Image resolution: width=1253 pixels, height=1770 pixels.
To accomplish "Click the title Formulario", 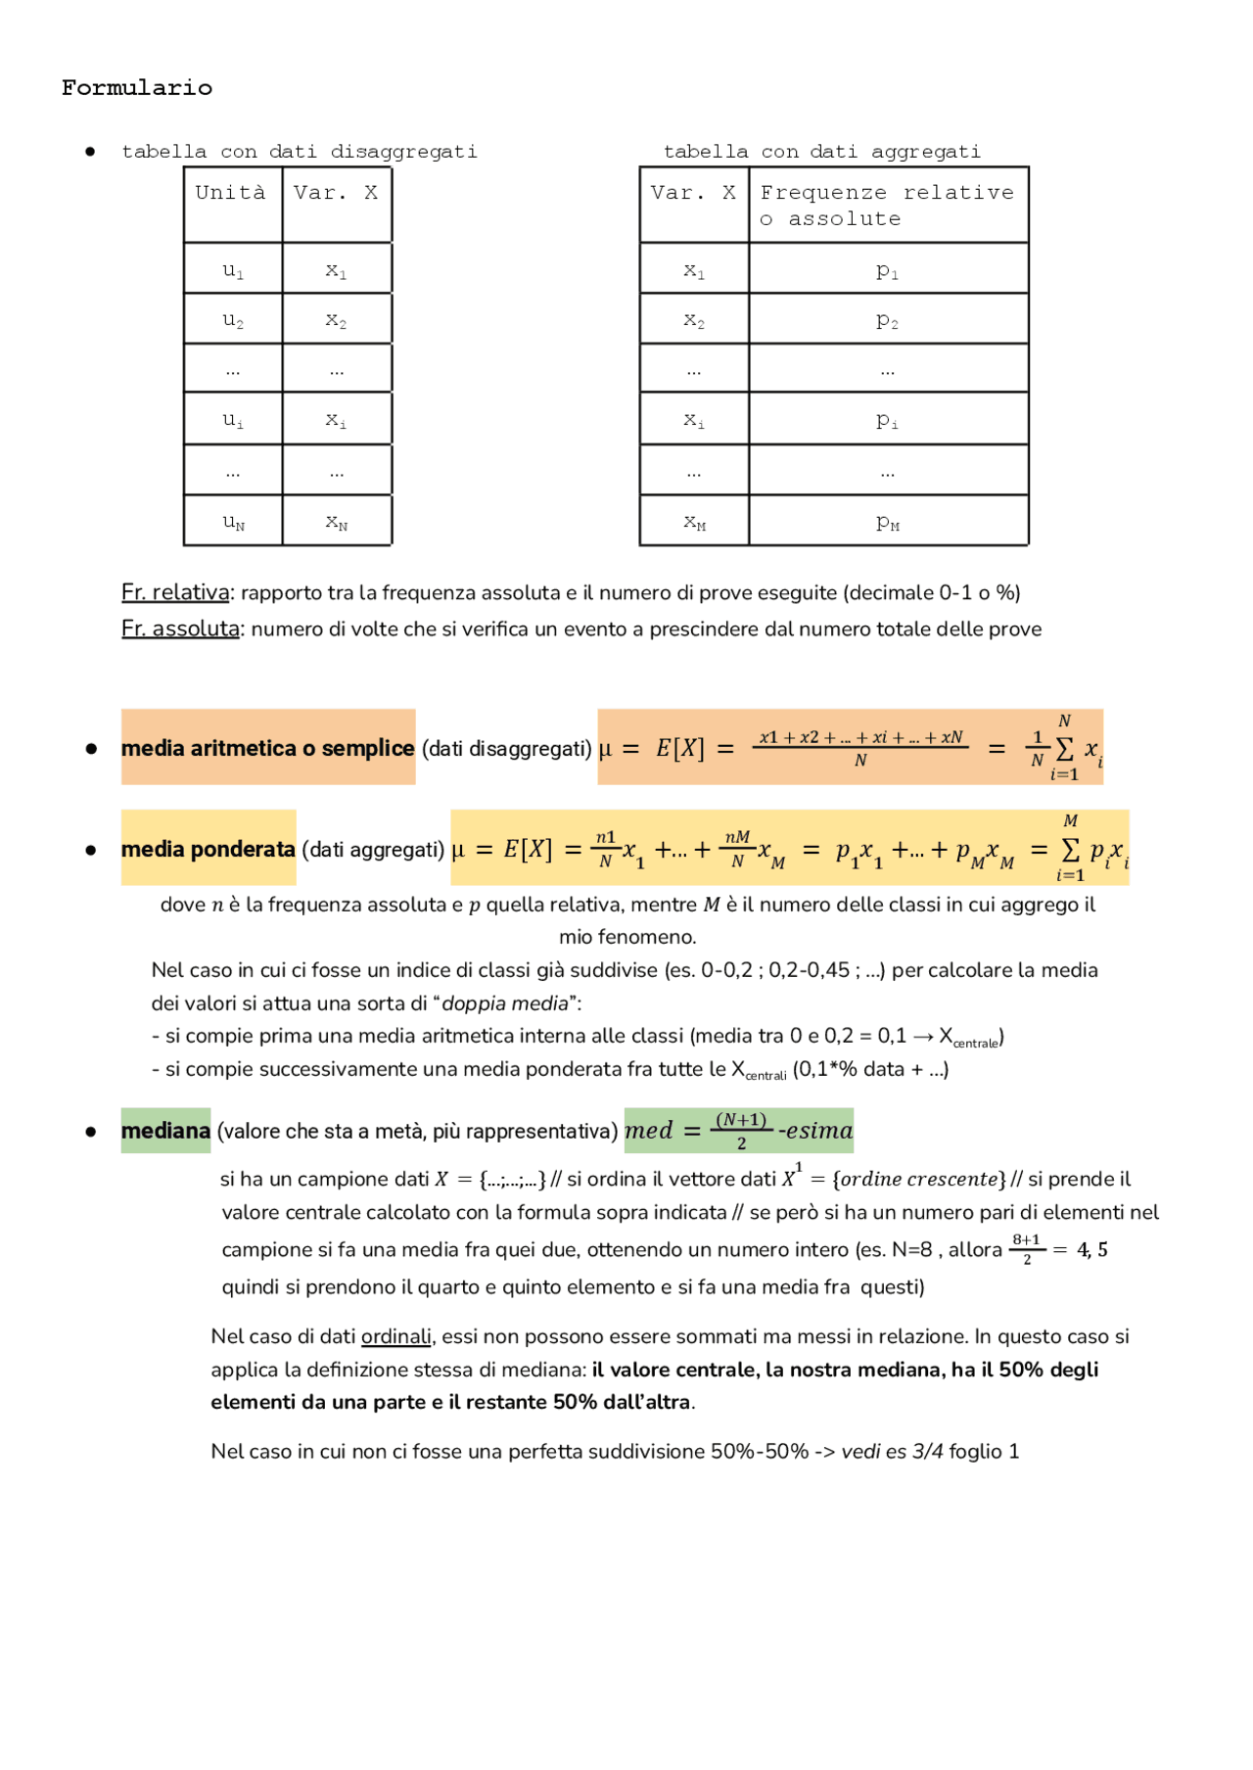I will [137, 88].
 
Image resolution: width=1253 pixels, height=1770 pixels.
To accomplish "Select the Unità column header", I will [231, 193].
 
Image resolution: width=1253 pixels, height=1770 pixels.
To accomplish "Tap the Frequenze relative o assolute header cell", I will [887, 206].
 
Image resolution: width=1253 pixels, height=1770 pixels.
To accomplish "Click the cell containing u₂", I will [233, 319].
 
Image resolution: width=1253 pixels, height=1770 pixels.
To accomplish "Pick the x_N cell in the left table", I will [337, 521].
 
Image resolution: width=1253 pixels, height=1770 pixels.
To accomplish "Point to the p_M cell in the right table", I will [887, 521].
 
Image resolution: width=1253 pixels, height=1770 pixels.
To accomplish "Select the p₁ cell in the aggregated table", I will [887, 269].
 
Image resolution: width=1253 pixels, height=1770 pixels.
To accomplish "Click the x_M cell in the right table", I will [694, 521].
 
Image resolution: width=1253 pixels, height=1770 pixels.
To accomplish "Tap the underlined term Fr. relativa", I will [175, 592].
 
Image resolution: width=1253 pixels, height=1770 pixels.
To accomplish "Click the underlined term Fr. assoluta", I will [180, 629].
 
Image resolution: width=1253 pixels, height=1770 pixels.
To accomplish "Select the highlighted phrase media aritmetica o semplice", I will [267, 748].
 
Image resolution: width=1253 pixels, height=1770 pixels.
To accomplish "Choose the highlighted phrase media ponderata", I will [208, 849].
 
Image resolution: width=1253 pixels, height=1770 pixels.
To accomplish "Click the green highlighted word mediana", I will [165, 1131].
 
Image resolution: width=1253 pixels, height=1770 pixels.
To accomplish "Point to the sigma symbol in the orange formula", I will [1064, 749].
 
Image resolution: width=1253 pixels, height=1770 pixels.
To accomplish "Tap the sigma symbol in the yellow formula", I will [1071, 850].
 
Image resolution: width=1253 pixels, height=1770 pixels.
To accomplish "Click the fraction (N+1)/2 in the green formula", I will [741, 1131].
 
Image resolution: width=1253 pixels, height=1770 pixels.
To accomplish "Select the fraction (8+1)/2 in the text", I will [1026, 1249].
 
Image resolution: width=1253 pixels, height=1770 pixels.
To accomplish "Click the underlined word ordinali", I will [395, 1336].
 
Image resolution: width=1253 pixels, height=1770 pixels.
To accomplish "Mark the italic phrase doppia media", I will [505, 1003].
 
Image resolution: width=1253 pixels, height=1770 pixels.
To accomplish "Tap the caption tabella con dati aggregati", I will [821, 152].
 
